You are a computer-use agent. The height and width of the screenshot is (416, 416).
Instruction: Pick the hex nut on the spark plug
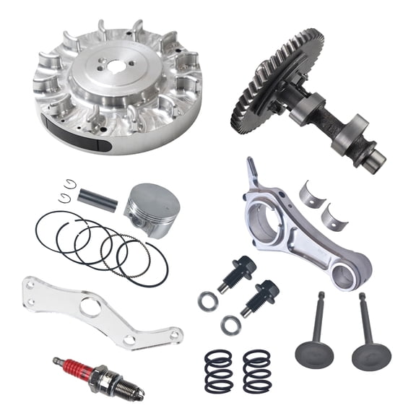(x=102, y=376)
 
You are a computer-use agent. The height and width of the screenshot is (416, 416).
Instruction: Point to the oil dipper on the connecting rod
(x=251, y=173)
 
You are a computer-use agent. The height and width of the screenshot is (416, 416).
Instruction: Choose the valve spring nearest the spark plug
(x=218, y=370)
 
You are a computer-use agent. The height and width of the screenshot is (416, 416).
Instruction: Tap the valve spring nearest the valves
(x=257, y=370)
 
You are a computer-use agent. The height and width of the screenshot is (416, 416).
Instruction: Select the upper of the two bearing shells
(x=313, y=194)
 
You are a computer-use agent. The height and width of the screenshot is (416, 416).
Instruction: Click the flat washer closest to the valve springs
(x=231, y=326)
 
